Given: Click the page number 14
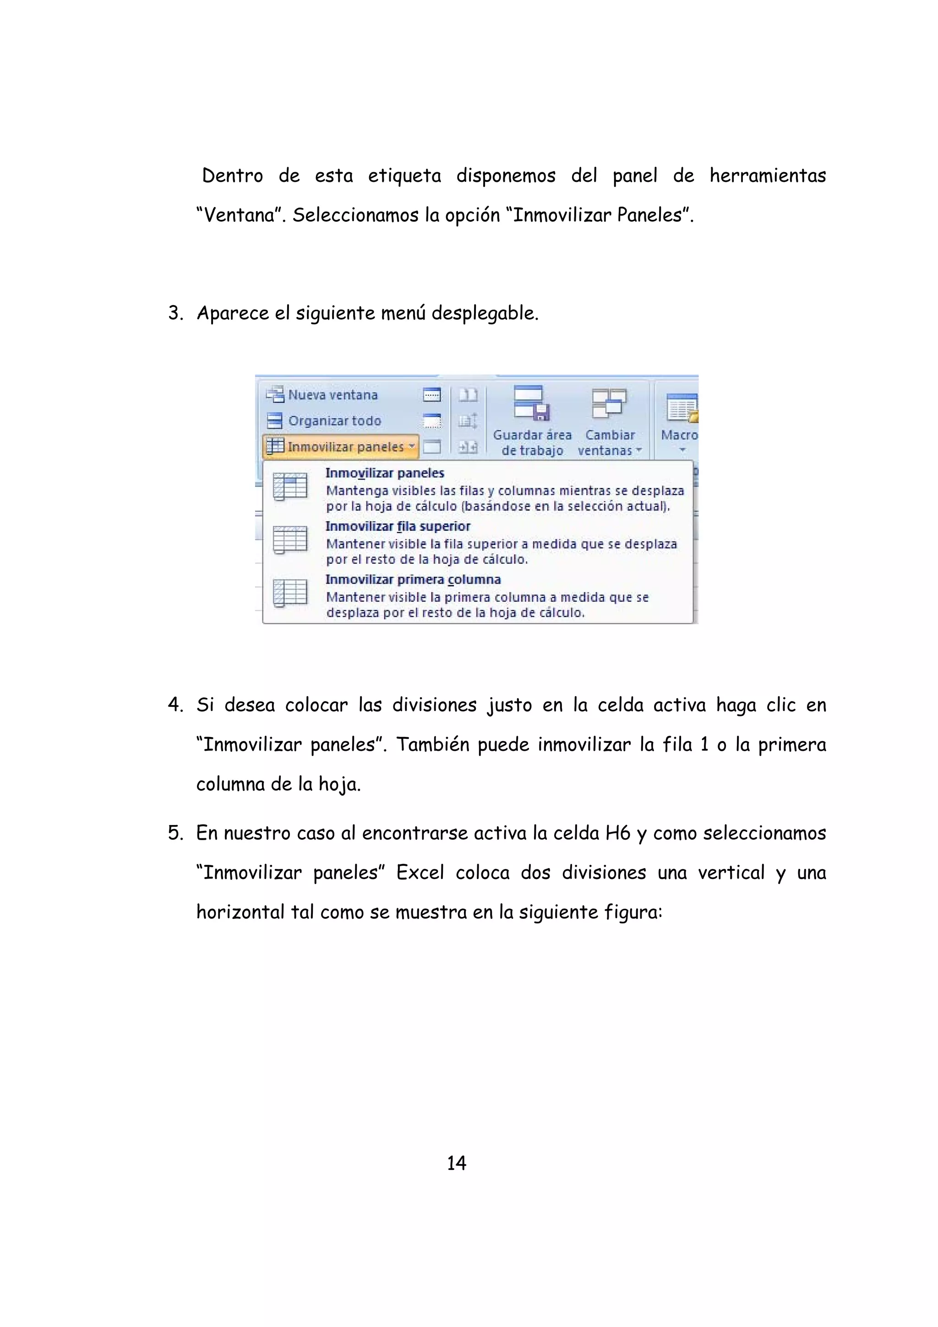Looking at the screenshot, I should [456, 1162].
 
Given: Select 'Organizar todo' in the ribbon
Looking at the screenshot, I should [334, 421].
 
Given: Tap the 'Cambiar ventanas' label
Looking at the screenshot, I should [610, 443].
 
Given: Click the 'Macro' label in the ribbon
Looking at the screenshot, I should [679, 435].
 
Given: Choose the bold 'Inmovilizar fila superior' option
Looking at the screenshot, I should [398, 526].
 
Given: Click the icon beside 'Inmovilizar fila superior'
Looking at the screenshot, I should [290, 540].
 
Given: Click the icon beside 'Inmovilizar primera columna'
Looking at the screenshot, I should [290, 593].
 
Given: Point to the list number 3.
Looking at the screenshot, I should [175, 313].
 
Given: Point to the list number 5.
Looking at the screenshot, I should [175, 833].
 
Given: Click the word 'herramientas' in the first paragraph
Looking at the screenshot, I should [768, 175].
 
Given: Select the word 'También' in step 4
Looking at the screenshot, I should [432, 744].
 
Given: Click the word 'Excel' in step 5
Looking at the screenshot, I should [420, 872].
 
